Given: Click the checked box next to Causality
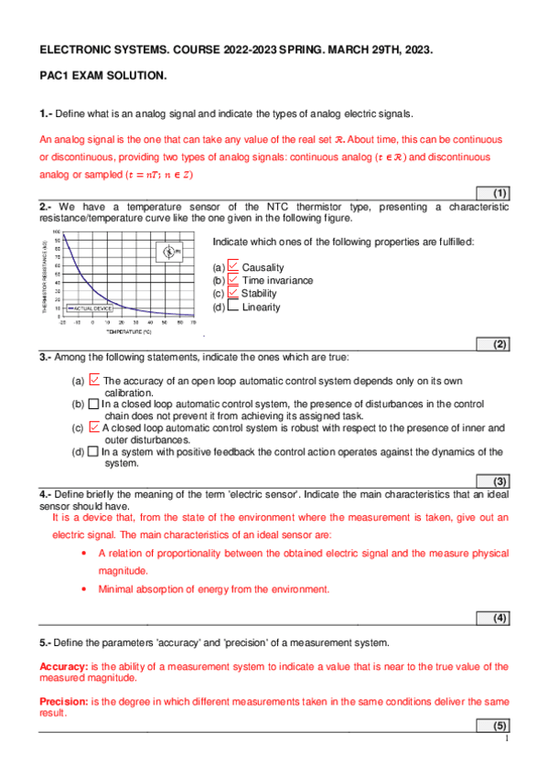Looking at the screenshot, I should [x=233, y=266].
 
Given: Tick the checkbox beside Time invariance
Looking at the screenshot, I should [x=233, y=279].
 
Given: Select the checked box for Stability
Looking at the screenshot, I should [x=233, y=293].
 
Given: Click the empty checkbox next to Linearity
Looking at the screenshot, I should [x=233, y=307].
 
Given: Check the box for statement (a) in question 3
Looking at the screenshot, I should [x=94, y=380].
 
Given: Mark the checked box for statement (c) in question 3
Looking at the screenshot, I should [x=94, y=426].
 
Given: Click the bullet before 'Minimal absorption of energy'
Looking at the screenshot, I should [x=84, y=589].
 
